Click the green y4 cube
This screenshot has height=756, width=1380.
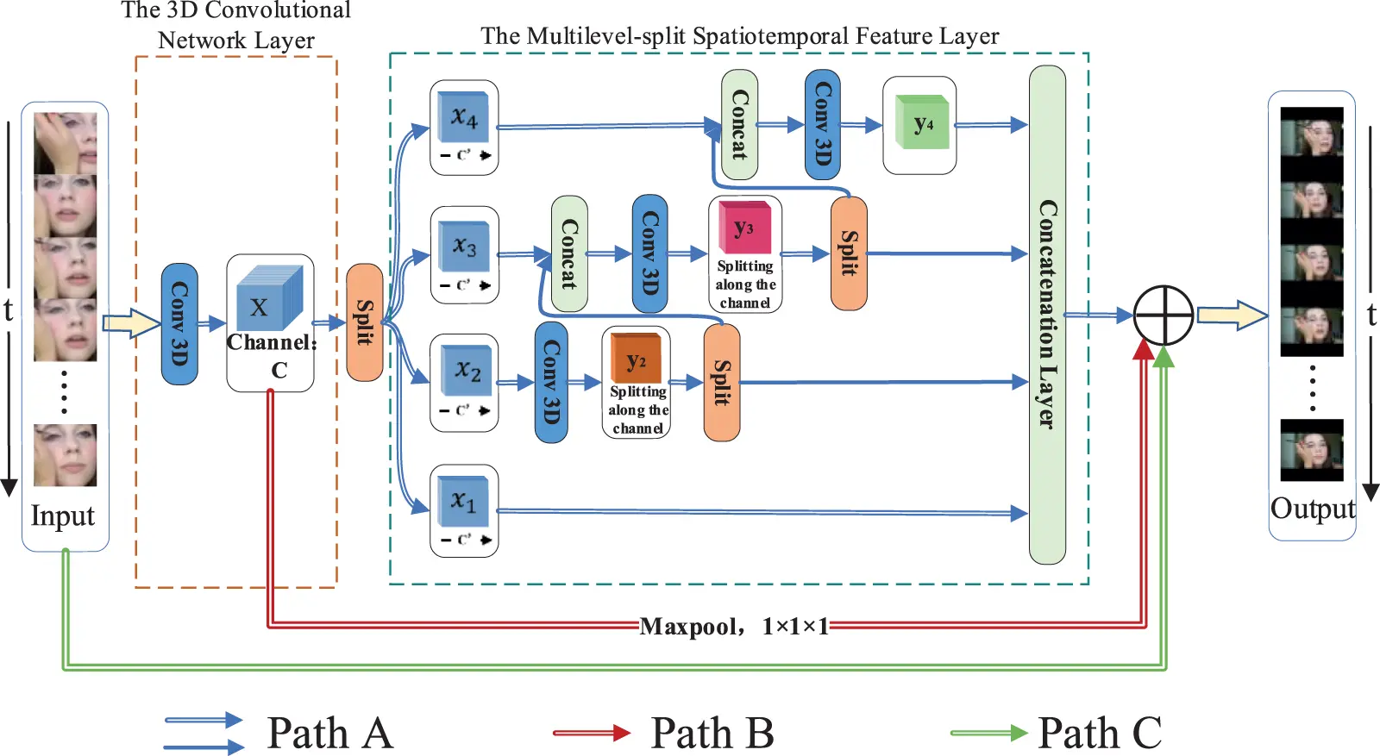[921, 124]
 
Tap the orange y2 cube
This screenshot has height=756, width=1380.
[636, 359]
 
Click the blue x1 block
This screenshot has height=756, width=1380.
[463, 501]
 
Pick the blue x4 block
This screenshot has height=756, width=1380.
[464, 116]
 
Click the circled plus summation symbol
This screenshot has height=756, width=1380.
[1163, 316]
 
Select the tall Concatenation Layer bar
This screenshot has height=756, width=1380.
[1047, 315]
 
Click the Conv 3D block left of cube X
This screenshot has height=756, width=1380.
[179, 323]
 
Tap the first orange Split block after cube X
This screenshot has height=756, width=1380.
[364, 322]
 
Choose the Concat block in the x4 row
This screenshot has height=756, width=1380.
[739, 125]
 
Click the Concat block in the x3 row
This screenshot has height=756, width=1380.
[569, 253]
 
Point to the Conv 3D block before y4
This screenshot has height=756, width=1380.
[822, 125]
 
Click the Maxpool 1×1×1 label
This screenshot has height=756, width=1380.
[734, 626]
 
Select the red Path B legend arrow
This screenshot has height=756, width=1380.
[592, 733]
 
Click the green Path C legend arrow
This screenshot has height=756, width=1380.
[988, 733]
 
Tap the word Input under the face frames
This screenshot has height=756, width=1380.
[62, 515]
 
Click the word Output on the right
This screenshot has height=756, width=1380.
[1312, 509]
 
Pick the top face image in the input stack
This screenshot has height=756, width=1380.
[66, 143]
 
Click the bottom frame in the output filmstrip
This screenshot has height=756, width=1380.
[1312, 450]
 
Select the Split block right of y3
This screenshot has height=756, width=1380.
[849, 253]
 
